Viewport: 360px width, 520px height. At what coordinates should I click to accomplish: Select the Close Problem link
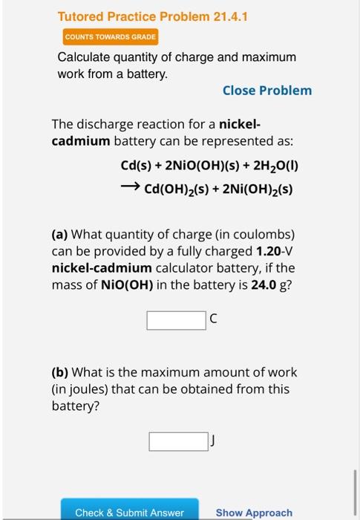pyautogui.click(x=267, y=90)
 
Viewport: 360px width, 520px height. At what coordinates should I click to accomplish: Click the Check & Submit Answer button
pyautogui.click(x=129, y=512)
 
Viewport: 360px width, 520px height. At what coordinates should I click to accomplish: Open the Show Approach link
pyautogui.click(x=254, y=512)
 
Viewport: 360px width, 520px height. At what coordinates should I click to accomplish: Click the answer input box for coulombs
pyautogui.click(x=176, y=320)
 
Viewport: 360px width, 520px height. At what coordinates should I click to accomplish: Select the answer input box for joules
pyautogui.click(x=178, y=441)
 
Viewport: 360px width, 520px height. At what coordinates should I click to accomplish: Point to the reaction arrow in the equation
pyautogui.click(x=130, y=189)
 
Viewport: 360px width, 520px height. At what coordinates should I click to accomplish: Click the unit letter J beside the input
pyautogui.click(x=213, y=441)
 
